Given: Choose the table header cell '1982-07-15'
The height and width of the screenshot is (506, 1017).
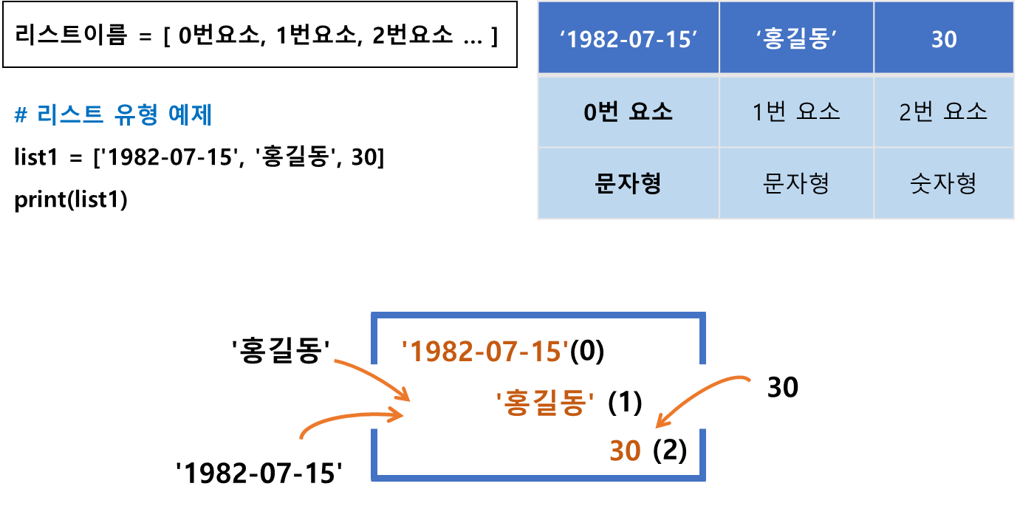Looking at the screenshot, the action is pyautogui.click(x=629, y=38).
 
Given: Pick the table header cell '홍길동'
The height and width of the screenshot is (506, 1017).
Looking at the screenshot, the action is pyautogui.click(x=796, y=38).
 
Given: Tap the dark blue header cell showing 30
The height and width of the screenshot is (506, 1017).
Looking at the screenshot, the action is pyautogui.click(x=944, y=38).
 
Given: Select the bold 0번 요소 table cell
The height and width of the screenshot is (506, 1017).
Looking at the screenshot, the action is pyautogui.click(x=629, y=112).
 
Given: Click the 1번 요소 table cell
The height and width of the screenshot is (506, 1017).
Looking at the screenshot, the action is pyautogui.click(x=796, y=112).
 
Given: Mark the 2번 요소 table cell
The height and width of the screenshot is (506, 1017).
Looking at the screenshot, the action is pyautogui.click(x=944, y=112).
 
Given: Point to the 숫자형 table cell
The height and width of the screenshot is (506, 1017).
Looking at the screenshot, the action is pyautogui.click(x=944, y=183).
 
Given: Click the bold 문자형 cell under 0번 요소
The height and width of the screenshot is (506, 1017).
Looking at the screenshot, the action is pyautogui.click(x=629, y=183).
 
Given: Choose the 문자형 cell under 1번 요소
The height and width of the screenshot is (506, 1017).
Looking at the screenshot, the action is pyautogui.click(x=796, y=183).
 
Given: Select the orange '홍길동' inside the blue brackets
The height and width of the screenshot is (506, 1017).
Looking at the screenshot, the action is pyautogui.click(x=546, y=403).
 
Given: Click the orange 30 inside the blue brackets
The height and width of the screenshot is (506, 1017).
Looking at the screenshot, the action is pyautogui.click(x=625, y=451).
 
